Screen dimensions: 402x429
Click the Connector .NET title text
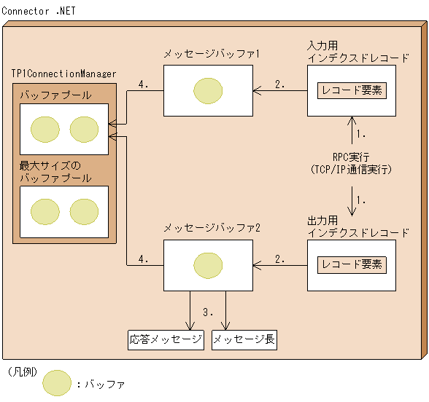click(38, 12)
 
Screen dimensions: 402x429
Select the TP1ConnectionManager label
click(63, 74)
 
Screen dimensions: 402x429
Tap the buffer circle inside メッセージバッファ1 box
click(209, 91)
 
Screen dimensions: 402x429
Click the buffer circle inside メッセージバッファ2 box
click(209, 264)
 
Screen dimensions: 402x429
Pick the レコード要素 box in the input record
click(352, 91)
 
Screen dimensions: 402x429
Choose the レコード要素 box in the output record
click(352, 264)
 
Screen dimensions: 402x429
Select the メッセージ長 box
click(244, 340)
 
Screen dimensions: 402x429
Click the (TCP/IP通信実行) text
click(352, 169)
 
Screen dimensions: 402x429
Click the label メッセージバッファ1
click(212, 54)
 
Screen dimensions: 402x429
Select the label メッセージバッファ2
click(212, 227)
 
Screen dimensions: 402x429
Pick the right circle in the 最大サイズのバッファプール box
click(84, 212)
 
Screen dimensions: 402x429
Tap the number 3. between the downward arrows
click(208, 312)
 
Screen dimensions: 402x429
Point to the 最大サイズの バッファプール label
click(55, 172)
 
